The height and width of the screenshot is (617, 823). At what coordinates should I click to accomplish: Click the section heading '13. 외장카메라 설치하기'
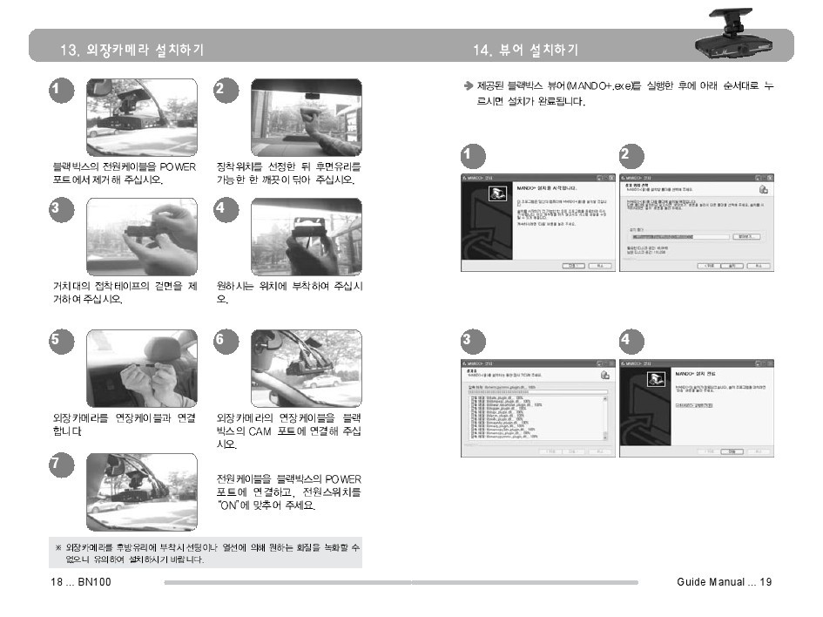click(131, 50)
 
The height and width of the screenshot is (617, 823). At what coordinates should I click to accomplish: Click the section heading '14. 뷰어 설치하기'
click(525, 50)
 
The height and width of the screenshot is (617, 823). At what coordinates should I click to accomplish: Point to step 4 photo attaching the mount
click(306, 237)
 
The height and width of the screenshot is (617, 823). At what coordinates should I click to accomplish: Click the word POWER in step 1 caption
click(178, 166)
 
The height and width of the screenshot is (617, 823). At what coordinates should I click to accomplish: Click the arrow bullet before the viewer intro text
click(468, 86)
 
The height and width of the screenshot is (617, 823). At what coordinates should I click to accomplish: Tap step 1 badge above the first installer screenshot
click(469, 156)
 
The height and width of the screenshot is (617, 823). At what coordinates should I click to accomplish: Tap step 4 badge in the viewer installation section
click(628, 339)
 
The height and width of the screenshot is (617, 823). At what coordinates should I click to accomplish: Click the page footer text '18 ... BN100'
click(79, 582)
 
